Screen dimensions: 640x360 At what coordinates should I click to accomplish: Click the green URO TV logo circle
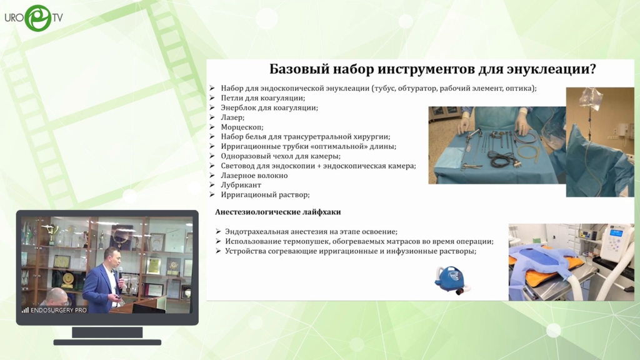click(38, 18)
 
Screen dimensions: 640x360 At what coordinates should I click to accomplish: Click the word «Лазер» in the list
click(232, 117)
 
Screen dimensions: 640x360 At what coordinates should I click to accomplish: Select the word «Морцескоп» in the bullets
click(242, 127)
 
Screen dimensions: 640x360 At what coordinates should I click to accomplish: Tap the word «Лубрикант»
click(241, 185)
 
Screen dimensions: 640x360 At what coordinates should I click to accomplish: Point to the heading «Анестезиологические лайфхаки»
click(278, 212)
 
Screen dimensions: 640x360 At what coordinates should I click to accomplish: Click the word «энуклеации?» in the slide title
click(551, 69)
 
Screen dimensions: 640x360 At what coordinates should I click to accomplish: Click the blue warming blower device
click(451, 279)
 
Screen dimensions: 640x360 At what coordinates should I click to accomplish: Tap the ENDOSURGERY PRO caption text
click(58, 310)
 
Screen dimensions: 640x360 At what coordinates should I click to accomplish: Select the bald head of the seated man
click(57, 295)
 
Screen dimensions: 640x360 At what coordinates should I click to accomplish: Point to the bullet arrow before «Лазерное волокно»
click(212, 175)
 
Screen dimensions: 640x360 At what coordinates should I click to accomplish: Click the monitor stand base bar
click(107, 342)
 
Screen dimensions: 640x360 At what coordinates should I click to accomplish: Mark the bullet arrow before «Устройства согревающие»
click(218, 251)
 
